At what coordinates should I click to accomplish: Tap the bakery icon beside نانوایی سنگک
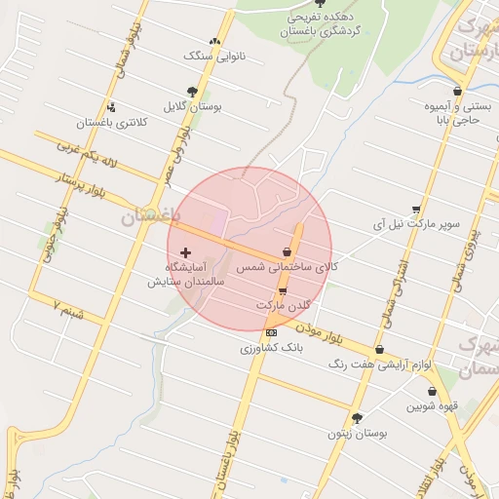coord(215,41)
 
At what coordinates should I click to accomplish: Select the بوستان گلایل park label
coord(194,106)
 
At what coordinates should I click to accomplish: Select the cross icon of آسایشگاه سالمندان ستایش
coord(186,251)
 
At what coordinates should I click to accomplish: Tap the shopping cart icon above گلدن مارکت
coord(283,290)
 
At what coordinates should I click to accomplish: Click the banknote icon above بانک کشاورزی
coord(270,332)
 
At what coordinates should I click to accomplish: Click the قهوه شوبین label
coord(432,405)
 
